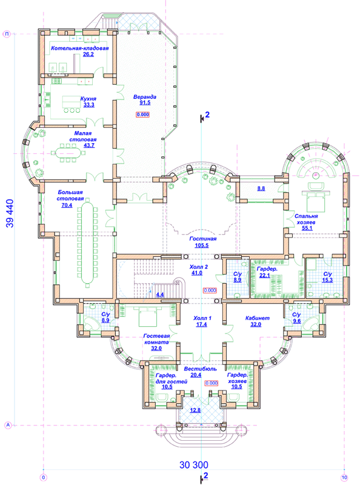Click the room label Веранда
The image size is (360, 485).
coord(145,97)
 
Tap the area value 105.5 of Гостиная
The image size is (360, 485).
coord(202,246)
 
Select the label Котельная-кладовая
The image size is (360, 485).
coord(80,48)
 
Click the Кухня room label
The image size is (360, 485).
coord(88,99)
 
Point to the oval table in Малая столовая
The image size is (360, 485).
coord(68,152)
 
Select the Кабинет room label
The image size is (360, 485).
coord(258,318)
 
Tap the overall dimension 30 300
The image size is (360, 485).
coord(194,464)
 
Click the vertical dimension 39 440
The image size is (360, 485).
coord(10,213)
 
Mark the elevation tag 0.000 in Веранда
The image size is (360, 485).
coord(143,115)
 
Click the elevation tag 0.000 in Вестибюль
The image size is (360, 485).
coord(212,383)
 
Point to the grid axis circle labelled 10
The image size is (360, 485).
coord(344,477)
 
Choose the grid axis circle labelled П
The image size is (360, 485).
coord(7,34)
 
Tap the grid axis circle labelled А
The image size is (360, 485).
coord(8,426)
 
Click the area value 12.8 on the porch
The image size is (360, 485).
coord(195,410)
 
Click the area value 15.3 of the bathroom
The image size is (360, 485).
coord(327,280)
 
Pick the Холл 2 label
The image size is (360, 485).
coord(199,267)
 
